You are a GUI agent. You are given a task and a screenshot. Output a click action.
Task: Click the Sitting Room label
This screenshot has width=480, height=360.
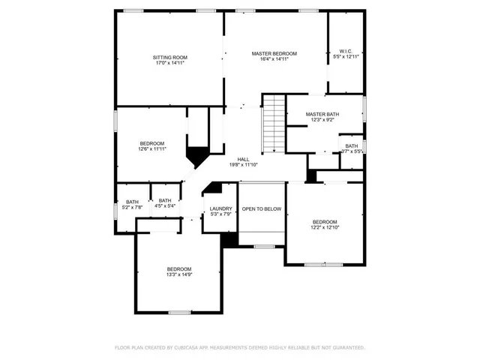[169, 58]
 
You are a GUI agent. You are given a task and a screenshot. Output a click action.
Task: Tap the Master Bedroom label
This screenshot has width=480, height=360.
[274, 53]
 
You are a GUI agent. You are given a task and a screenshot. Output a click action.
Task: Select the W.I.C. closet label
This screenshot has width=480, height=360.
[346, 50]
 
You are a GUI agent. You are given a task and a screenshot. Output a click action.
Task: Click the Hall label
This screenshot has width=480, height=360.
[243, 159]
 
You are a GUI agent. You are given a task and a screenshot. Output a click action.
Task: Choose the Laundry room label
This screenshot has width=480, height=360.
[220, 208]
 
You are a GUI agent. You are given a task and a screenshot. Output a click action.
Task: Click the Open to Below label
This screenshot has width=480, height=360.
[262, 208]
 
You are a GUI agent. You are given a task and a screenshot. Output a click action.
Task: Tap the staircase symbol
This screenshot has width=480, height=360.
[274, 124]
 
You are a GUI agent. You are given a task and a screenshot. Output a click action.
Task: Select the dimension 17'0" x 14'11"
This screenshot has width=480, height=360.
[169, 64]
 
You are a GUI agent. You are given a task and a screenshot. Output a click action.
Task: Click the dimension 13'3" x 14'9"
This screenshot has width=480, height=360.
[178, 275]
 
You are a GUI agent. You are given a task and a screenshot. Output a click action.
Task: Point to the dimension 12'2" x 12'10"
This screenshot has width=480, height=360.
[325, 228]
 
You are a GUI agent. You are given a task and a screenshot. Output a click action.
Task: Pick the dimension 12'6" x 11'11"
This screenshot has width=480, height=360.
[152, 149]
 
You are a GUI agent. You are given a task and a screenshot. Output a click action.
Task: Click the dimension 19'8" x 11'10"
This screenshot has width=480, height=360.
[243, 165]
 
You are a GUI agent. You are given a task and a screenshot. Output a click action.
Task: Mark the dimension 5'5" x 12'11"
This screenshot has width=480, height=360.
[346, 56]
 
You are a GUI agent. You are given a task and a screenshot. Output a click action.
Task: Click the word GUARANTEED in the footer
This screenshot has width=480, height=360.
[346, 348]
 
